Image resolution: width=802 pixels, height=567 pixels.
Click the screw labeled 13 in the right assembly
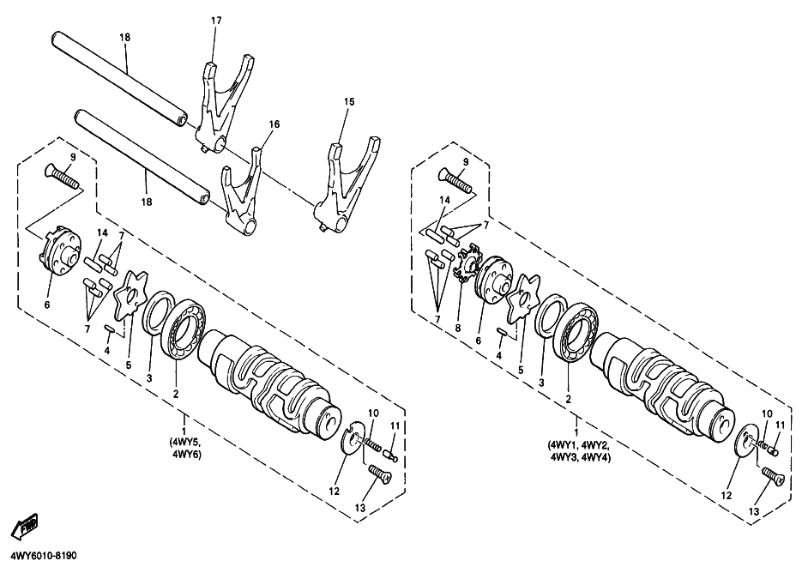click(x=772, y=477)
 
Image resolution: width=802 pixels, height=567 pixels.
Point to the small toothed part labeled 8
click(x=465, y=262)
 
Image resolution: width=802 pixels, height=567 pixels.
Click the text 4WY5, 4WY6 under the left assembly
click(x=186, y=448)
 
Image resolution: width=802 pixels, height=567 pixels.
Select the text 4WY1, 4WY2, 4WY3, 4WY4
click(x=576, y=451)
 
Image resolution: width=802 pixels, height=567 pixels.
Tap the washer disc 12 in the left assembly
click(x=350, y=438)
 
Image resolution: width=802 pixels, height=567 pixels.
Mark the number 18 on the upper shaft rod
click(x=125, y=38)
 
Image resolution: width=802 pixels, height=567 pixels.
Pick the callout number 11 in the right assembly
click(x=781, y=425)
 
